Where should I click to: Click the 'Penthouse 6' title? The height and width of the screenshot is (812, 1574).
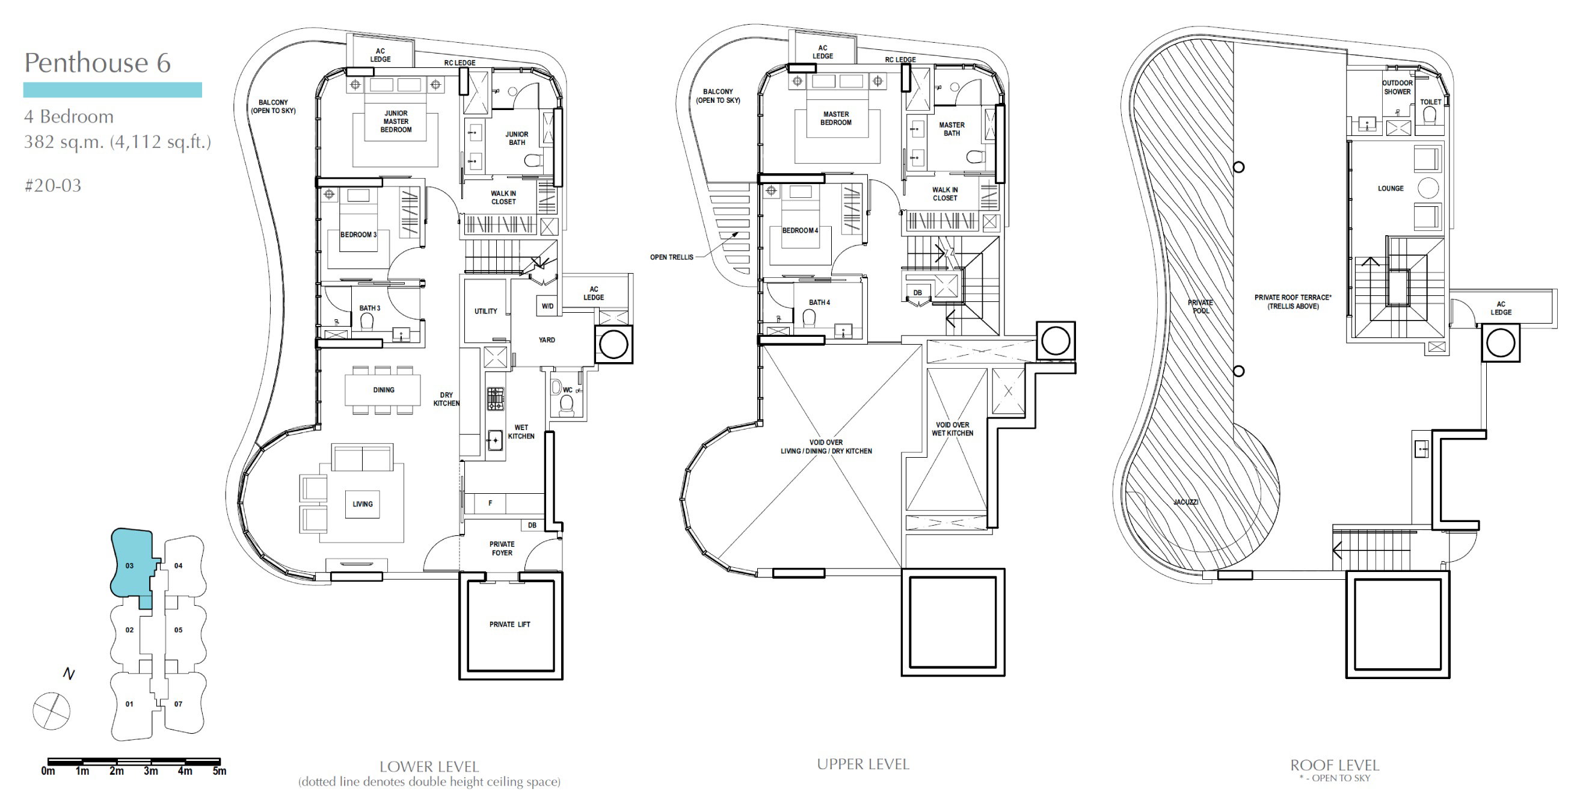97,63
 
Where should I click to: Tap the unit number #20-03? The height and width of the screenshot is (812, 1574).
52,186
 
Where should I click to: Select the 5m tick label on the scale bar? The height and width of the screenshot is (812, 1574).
220,771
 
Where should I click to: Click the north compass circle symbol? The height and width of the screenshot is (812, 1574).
51,711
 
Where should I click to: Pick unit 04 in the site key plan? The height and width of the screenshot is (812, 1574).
179,566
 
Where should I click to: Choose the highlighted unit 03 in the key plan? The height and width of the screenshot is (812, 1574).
129,566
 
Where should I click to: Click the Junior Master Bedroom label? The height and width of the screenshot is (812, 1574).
396,121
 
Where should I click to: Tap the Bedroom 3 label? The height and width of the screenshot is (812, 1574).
358,235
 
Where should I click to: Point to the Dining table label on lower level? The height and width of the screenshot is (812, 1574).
384,390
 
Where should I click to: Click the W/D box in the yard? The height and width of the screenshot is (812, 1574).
547,306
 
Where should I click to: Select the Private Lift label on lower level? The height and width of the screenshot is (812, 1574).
509,624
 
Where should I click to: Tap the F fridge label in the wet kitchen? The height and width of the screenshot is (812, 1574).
490,503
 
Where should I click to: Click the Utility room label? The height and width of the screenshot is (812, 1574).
486,312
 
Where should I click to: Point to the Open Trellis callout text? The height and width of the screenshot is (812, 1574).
671,257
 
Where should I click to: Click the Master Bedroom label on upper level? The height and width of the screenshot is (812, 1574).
836,118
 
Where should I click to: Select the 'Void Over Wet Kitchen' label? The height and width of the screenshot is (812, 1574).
953,429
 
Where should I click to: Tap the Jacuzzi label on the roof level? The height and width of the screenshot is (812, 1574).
1186,502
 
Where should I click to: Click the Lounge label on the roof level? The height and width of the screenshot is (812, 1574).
1391,189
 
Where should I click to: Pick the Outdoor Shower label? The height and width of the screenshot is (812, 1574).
1397,87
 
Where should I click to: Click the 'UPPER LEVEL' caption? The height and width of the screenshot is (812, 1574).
862,764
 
